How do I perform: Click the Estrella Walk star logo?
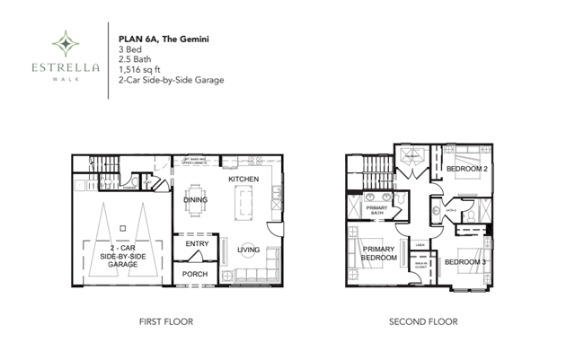(64, 42)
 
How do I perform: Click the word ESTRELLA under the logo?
(64, 66)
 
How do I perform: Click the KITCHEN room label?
(244, 180)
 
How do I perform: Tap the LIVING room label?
(249, 250)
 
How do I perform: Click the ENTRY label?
(197, 243)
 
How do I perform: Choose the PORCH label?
(196, 274)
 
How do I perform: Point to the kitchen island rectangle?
(242, 206)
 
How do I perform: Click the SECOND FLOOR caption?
(423, 320)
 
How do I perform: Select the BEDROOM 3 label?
(465, 261)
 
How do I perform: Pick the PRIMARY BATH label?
(376, 210)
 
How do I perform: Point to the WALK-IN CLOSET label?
(420, 263)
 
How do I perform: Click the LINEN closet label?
(420, 243)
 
